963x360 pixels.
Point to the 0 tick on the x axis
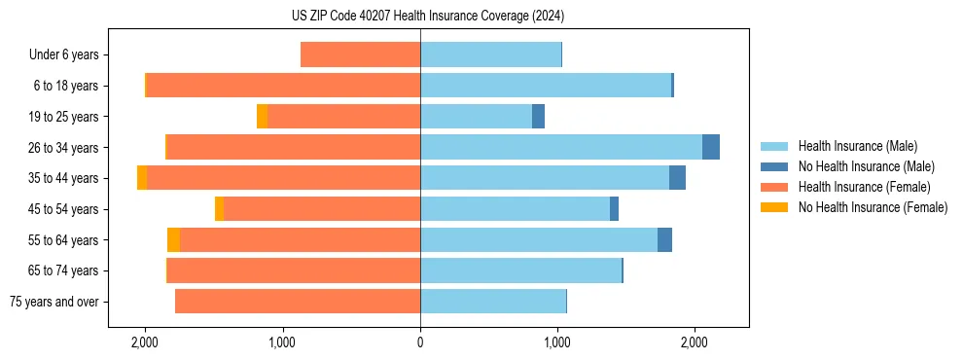(420, 342)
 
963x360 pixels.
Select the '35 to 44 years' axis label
(64, 178)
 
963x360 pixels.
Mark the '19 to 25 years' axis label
(64, 117)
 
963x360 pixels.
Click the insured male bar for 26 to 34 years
(560, 147)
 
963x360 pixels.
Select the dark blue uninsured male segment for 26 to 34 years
(711, 147)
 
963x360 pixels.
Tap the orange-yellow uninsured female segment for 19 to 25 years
(262, 117)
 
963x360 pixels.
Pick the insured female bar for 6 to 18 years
(283, 86)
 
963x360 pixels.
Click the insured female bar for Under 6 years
(360, 54)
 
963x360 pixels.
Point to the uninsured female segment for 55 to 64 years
(173, 240)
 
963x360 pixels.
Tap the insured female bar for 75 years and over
(298, 302)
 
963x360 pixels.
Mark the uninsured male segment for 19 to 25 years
(538, 117)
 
